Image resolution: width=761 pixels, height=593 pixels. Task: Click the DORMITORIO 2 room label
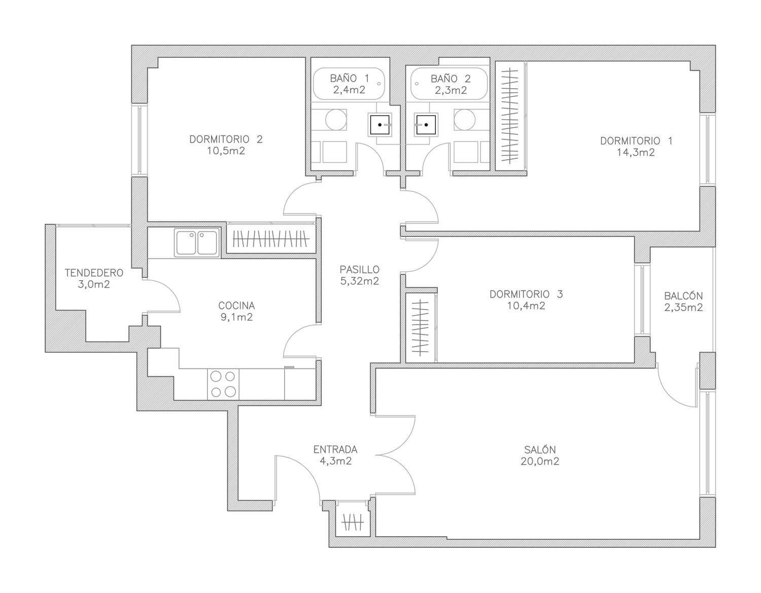pyautogui.click(x=226, y=139)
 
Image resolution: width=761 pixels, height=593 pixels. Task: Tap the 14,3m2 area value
pyautogui.click(x=636, y=153)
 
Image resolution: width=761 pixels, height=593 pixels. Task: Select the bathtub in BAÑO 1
pyautogui.click(x=349, y=84)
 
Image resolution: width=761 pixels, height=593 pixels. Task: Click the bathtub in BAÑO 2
pyautogui.click(x=449, y=84)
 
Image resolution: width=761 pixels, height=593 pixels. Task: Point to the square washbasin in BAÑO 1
pyautogui.click(x=380, y=125)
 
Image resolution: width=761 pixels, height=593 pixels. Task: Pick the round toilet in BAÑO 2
pyautogui.click(x=464, y=119)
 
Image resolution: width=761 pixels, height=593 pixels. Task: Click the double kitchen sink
pyautogui.click(x=197, y=242)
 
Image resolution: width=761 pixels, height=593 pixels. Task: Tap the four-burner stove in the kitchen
pyautogui.click(x=223, y=384)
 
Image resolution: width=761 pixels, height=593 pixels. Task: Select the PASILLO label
pyautogui.click(x=359, y=269)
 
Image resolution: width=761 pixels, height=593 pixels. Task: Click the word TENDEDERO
pyautogui.click(x=94, y=273)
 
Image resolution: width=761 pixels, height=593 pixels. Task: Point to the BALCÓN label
pyautogui.click(x=683, y=296)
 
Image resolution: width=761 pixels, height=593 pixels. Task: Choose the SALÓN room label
pyautogui.click(x=540, y=449)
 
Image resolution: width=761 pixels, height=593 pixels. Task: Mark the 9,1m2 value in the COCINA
pyautogui.click(x=236, y=317)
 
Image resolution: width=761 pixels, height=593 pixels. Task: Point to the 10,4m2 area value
pyautogui.click(x=526, y=306)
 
